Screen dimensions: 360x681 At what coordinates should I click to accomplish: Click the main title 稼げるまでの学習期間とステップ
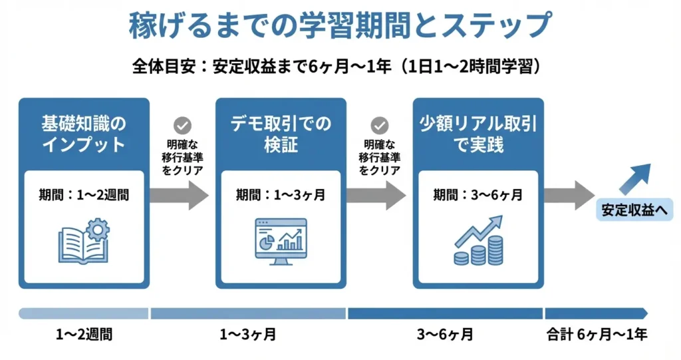pyautogui.click(x=340, y=26)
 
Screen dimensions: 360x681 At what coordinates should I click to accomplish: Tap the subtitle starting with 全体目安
pyautogui.click(x=340, y=67)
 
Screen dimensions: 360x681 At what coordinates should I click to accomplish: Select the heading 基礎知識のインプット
pyautogui.click(x=83, y=134)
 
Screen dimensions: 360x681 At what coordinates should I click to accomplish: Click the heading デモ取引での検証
pyautogui.click(x=281, y=134)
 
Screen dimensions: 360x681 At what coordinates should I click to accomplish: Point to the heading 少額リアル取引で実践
pyautogui.click(x=478, y=134)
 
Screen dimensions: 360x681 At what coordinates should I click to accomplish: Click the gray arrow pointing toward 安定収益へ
pyautogui.click(x=569, y=195)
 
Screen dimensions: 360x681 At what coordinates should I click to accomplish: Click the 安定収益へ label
pyautogui.click(x=634, y=211)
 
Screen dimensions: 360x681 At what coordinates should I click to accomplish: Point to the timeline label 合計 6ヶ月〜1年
pyautogui.click(x=597, y=335)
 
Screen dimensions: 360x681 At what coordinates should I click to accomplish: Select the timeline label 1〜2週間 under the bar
pyautogui.click(x=84, y=335)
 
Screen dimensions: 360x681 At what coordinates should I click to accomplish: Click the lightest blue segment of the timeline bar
pyautogui.click(x=83, y=313)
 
